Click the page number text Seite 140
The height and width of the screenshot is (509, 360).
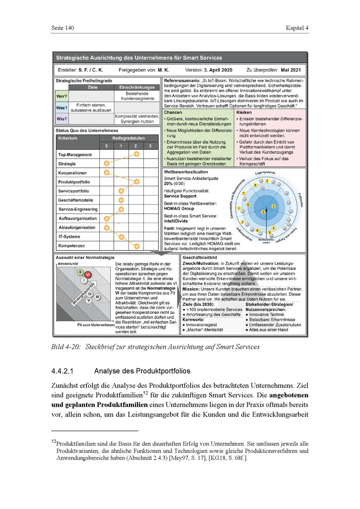coord(63,28)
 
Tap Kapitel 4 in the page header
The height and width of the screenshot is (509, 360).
coord(297,28)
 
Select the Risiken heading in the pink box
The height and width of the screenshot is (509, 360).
coord(244,112)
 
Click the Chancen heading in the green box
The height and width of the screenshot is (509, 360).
coord(173,112)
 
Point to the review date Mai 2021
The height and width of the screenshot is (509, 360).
coord(291,70)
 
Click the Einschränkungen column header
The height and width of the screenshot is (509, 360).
coord(137,87)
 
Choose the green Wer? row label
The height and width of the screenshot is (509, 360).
coord(62,96)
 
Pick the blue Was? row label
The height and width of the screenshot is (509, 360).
coord(62,108)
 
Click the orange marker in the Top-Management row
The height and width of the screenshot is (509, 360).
coord(136,154)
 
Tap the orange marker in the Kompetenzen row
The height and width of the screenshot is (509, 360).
coord(136,246)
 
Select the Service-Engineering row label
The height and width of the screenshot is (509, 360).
coord(78,209)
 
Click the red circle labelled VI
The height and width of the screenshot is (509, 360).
coord(87,275)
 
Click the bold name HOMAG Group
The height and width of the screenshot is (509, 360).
coord(179,208)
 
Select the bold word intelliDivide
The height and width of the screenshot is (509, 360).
coord(176,221)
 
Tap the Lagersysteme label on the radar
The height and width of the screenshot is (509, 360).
coord(265,173)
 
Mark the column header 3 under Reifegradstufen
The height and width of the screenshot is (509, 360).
coord(150,146)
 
